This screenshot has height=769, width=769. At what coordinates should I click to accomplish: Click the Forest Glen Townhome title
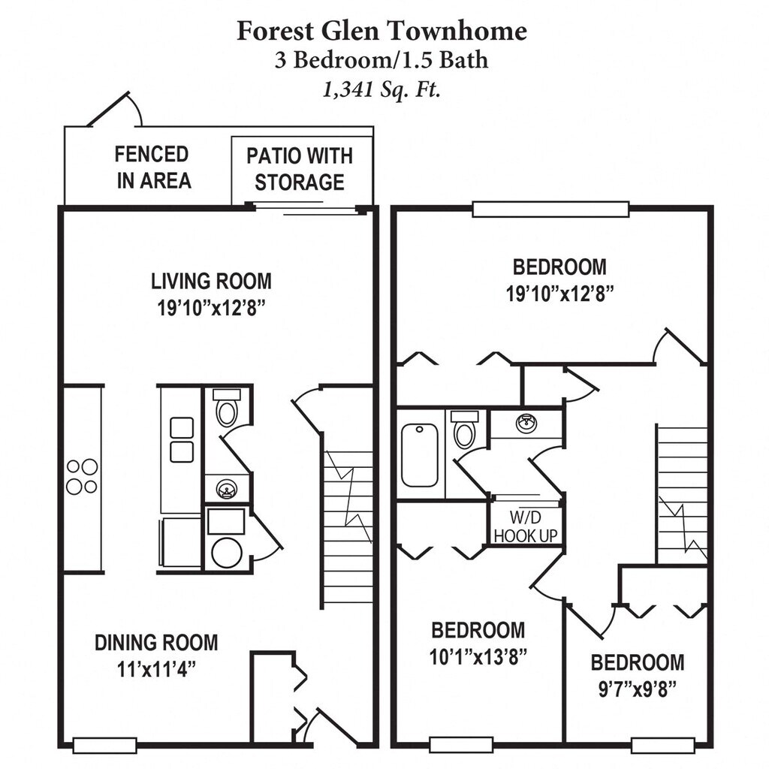click(381, 31)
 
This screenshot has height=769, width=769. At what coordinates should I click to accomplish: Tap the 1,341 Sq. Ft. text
click(381, 89)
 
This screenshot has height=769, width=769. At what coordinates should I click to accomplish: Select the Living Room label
click(211, 282)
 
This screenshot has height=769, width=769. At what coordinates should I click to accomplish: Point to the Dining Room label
click(156, 643)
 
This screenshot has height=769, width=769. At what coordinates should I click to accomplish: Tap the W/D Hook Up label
click(525, 525)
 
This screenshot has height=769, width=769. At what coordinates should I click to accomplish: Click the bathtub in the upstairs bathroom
click(419, 455)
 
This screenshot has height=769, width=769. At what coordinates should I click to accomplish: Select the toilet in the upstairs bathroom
click(465, 430)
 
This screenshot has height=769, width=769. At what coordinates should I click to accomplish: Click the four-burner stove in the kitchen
click(82, 476)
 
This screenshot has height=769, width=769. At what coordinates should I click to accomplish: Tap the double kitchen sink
click(182, 439)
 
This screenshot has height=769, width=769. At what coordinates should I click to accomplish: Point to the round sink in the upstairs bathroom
click(526, 424)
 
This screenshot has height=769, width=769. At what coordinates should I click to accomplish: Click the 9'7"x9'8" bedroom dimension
click(637, 689)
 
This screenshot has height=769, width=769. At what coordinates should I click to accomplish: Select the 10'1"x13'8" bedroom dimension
click(478, 656)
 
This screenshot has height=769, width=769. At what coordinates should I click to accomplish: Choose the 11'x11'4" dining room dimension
click(156, 668)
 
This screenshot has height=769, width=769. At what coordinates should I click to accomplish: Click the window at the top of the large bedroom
click(550, 209)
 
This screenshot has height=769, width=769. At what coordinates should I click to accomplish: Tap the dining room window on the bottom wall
click(104, 745)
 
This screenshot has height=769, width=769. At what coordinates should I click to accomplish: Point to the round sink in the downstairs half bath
click(226, 490)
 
